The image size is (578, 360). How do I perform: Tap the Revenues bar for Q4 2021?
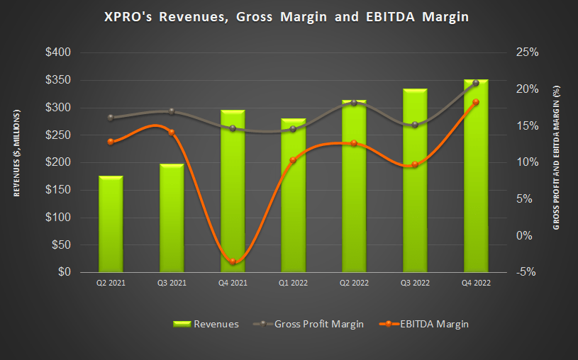[x=232, y=191]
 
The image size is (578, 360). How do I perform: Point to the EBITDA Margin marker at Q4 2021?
[x=232, y=261]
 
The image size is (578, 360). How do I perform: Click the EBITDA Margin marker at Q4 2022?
[x=476, y=102]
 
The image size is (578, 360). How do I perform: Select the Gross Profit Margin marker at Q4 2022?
[x=476, y=83]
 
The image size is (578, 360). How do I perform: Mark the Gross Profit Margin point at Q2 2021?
[x=111, y=118]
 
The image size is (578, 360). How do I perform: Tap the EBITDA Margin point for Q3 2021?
[x=172, y=133]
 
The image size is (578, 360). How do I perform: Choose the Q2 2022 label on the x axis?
[x=354, y=282]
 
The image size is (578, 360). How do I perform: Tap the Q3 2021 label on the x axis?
[x=172, y=282]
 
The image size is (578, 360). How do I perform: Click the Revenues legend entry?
[x=206, y=323]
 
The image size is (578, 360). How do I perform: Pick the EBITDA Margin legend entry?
[x=423, y=323]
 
